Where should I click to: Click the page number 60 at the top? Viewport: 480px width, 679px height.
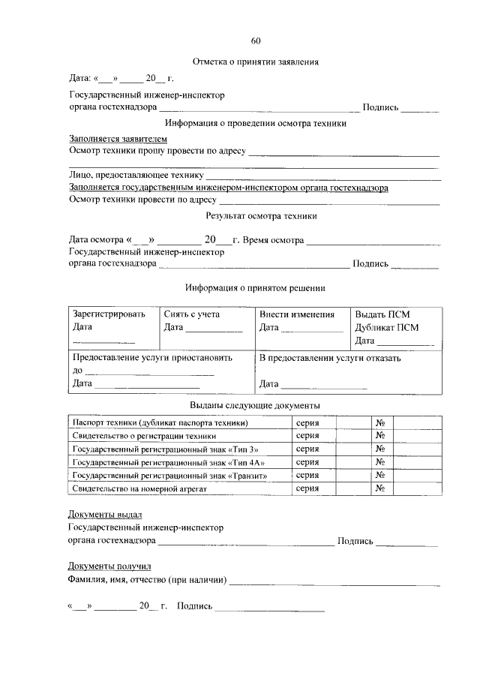click(x=256, y=41)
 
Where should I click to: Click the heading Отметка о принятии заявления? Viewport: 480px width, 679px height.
click(x=256, y=62)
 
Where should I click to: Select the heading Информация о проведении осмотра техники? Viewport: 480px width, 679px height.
click(x=256, y=123)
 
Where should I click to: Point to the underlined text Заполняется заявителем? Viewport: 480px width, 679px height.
click(x=118, y=139)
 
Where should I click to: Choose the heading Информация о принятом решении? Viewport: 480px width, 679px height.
click(x=255, y=287)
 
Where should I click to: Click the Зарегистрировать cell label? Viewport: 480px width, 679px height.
click(x=109, y=314)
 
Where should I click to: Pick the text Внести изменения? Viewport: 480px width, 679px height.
click(x=297, y=314)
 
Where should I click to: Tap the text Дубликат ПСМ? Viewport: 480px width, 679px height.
click(x=387, y=327)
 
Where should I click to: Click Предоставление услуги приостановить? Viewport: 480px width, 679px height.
click(x=152, y=358)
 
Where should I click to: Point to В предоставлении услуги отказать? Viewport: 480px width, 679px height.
click(x=330, y=358)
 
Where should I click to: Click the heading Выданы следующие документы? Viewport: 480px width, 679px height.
click(x=255, y=405)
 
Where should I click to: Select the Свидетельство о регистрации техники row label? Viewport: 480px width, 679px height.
click(x=144, y=435)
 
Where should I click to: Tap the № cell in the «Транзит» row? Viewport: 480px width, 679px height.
click(x=380, y=475)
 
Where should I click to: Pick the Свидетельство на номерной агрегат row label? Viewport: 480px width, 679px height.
click(x=139, y=488)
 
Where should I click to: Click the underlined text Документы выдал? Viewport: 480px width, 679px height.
click(x=105, y=515)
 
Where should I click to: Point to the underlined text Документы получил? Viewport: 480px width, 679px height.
click(x=109, y=566)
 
